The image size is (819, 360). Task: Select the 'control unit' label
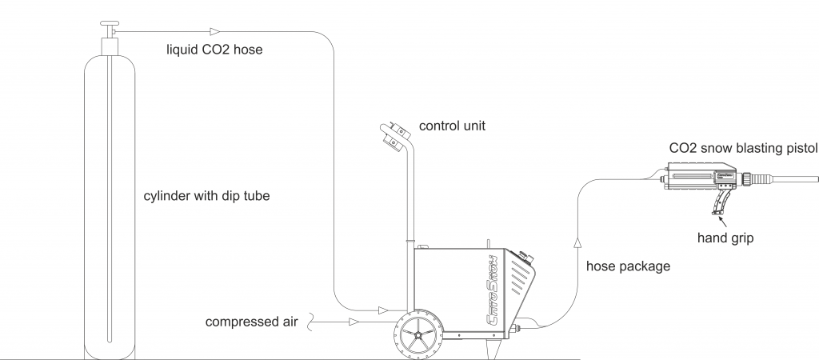452,126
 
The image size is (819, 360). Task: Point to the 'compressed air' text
251,322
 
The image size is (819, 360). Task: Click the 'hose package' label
628,266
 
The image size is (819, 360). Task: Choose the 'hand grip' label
725,238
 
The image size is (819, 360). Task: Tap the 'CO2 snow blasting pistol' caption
742,148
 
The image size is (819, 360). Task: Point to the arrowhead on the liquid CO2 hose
214,32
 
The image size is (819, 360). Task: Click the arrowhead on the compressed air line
353,322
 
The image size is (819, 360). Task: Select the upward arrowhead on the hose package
577,240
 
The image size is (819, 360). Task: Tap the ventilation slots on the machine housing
521,284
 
